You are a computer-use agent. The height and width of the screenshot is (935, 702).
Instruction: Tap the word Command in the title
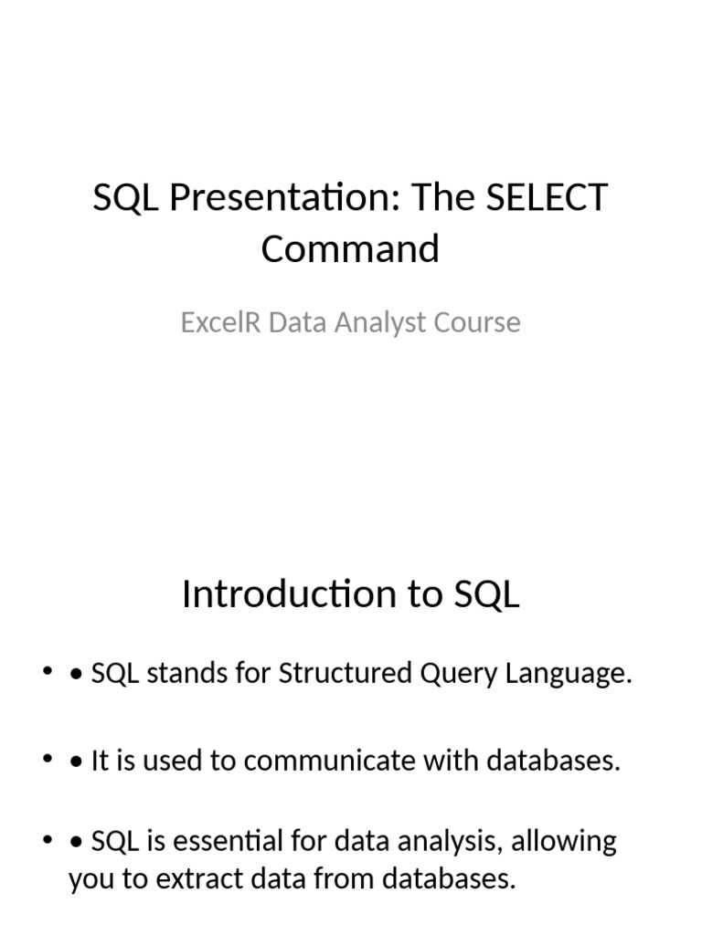point(350,248)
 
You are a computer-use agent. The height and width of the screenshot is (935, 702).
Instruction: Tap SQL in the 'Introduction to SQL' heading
point(486,594)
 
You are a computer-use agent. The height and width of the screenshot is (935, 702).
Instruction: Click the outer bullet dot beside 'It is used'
point(47,761)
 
